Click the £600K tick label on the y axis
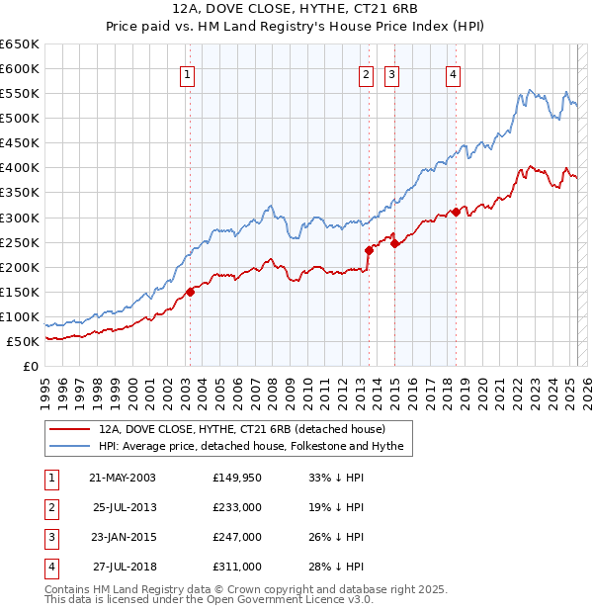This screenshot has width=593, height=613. pyautogui.click(x=20, y=68)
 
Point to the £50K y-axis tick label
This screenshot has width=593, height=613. pyautogui.click(x=23, y=341)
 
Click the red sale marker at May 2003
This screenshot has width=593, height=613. pyautogui.click(x=191, y=292)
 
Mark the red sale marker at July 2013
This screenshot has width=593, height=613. pyautogui.click(x=369, y=250)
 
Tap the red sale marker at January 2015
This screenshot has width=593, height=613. pyautogui.click(x=394, y=243)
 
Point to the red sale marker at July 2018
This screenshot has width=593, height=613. pyautogui.click(x=456, y=212)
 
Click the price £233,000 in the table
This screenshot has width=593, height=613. pyautogui.click(x=236, y=507)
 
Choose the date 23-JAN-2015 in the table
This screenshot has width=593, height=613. pyautogui.click(x=123, y=537)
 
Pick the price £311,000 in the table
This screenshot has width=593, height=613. pyautogui.click(x=236, y=567)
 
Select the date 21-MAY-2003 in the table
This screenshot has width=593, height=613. pyautogui.click(x=123, y=478)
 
